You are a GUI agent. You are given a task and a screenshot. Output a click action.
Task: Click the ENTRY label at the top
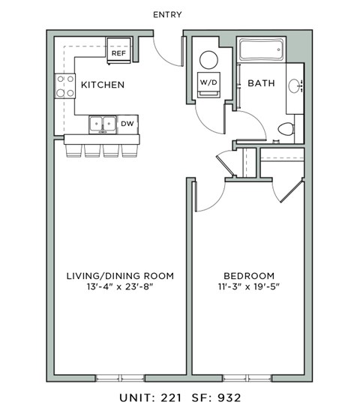166,14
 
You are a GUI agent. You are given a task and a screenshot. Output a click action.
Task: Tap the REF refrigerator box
118,53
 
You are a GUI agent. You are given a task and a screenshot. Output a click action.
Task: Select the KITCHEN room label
103,85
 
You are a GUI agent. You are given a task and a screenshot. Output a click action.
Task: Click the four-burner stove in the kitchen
64,87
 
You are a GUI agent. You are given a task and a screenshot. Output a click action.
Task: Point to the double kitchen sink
103,123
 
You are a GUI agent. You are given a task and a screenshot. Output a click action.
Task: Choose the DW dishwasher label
127,123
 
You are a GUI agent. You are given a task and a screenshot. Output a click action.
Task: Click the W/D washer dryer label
208,82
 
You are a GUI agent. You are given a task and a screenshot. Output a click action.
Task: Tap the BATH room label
259,84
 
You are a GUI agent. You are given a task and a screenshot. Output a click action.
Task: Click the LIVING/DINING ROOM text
120,276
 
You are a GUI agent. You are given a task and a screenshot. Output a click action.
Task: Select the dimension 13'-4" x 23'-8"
120,288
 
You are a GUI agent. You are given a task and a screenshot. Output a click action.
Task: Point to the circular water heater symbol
208,59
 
